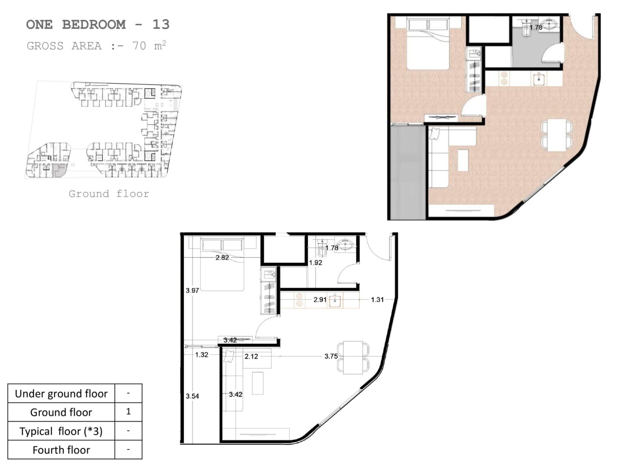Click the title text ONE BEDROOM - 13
pyautogui.click(x=98, y=24)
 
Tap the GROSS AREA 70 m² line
pyautogui.click(x=96, y=46)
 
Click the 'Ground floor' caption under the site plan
pyautogui.click(x=109, y=194)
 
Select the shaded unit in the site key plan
pyautogui.click(x=60, y=171)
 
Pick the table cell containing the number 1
pyautogui.click(x=128, y=412)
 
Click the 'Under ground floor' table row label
pyautogui.click(x=61, y=393)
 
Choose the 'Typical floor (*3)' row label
pyautogui.click(x=61, y=431)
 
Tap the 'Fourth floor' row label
pyautogui.click(x=61, y=450)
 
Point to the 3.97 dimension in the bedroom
pyautogui.click(x=192, y=291)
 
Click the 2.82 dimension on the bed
pyautogui.click(x=222, y=258)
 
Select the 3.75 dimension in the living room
pyautogui.click(x=331, y=356)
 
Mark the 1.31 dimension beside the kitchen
pyautogui.click(x=377, y=300)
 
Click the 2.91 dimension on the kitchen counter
pyautogui.click(x=320, y=300)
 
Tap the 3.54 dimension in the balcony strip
pyautogui.click(x=192, y=396)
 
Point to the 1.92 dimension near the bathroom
pyautogui.click(x=315, y=263)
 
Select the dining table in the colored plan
pyautogui.click(x=556, y=135)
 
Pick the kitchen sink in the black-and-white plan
pyautogui.click(x=335, y=300)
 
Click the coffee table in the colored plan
pyautogui.click(x=463, y=160)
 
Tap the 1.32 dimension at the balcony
pyautogui.click(x=202, y=355)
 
